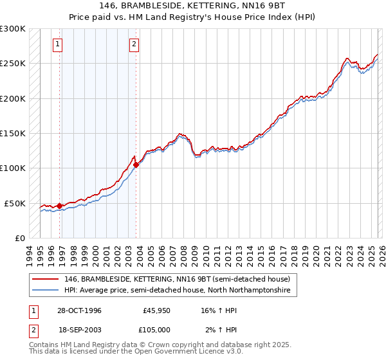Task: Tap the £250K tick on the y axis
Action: point(13,64)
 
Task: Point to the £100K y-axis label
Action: point(13,168)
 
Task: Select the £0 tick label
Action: point(19,238)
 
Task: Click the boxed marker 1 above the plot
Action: point(58,44)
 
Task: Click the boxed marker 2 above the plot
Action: point(134,44)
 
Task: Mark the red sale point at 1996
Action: point(60,206)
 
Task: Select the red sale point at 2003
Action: point(136,165)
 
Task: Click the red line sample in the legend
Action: point(46,280)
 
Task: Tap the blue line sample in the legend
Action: point(46,291)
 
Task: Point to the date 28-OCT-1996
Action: point(79,310)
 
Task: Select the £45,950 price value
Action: point(155,310)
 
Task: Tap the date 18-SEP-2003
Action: point(79,330)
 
